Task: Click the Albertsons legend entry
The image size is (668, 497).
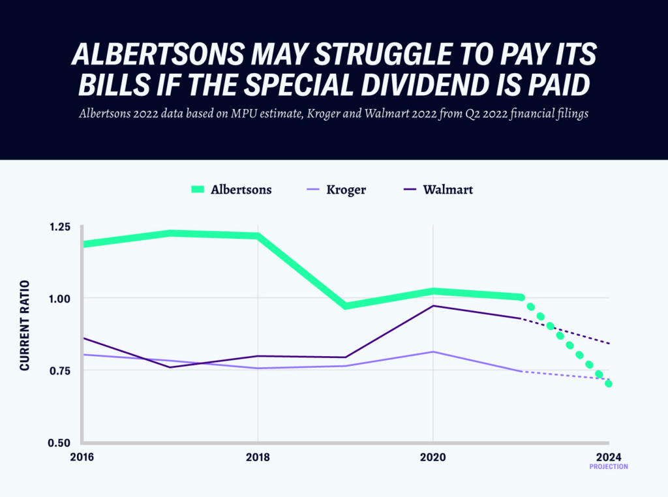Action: pyautogui.click(x=232, y=190)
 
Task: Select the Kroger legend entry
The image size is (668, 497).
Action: pyautogui.click(x=336, y=190)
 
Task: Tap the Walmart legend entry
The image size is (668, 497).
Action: pyautogui.click(x=438, y=190)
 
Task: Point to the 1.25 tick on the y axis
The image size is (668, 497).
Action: pyautogui.click(x=60, y=227)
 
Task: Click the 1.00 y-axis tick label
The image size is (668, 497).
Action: pyautogui.click(x=59, y=299)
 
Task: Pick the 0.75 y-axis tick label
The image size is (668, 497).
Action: pyautogui.click(x=60, y=371)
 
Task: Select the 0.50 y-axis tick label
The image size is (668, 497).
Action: pyautogui.click(x=59, y=443)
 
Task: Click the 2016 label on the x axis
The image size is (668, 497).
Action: pyautogui.click(x=82, y=457)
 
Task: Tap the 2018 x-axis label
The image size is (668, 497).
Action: pyautogui.click(x=258, y=457)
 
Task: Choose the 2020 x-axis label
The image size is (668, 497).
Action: pyautogui.click(x=433, y=457)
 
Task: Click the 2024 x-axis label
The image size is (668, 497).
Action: pyautogui.click(x=609, y=457)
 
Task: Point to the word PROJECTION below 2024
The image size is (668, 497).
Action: pyautogui.click(x=609, y=467)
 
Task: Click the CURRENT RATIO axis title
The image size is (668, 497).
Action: pyautogui.click(x=25, y=325)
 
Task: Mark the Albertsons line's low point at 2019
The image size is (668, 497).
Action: pyautogui.click(x=346, y=305)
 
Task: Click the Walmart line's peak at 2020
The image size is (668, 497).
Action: pyautogui.click(x=433, y=306)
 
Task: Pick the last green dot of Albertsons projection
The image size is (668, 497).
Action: pyautogui.click(x=609, y=384)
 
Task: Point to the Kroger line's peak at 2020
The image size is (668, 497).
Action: pyautogui.click(x=433, y=352)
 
